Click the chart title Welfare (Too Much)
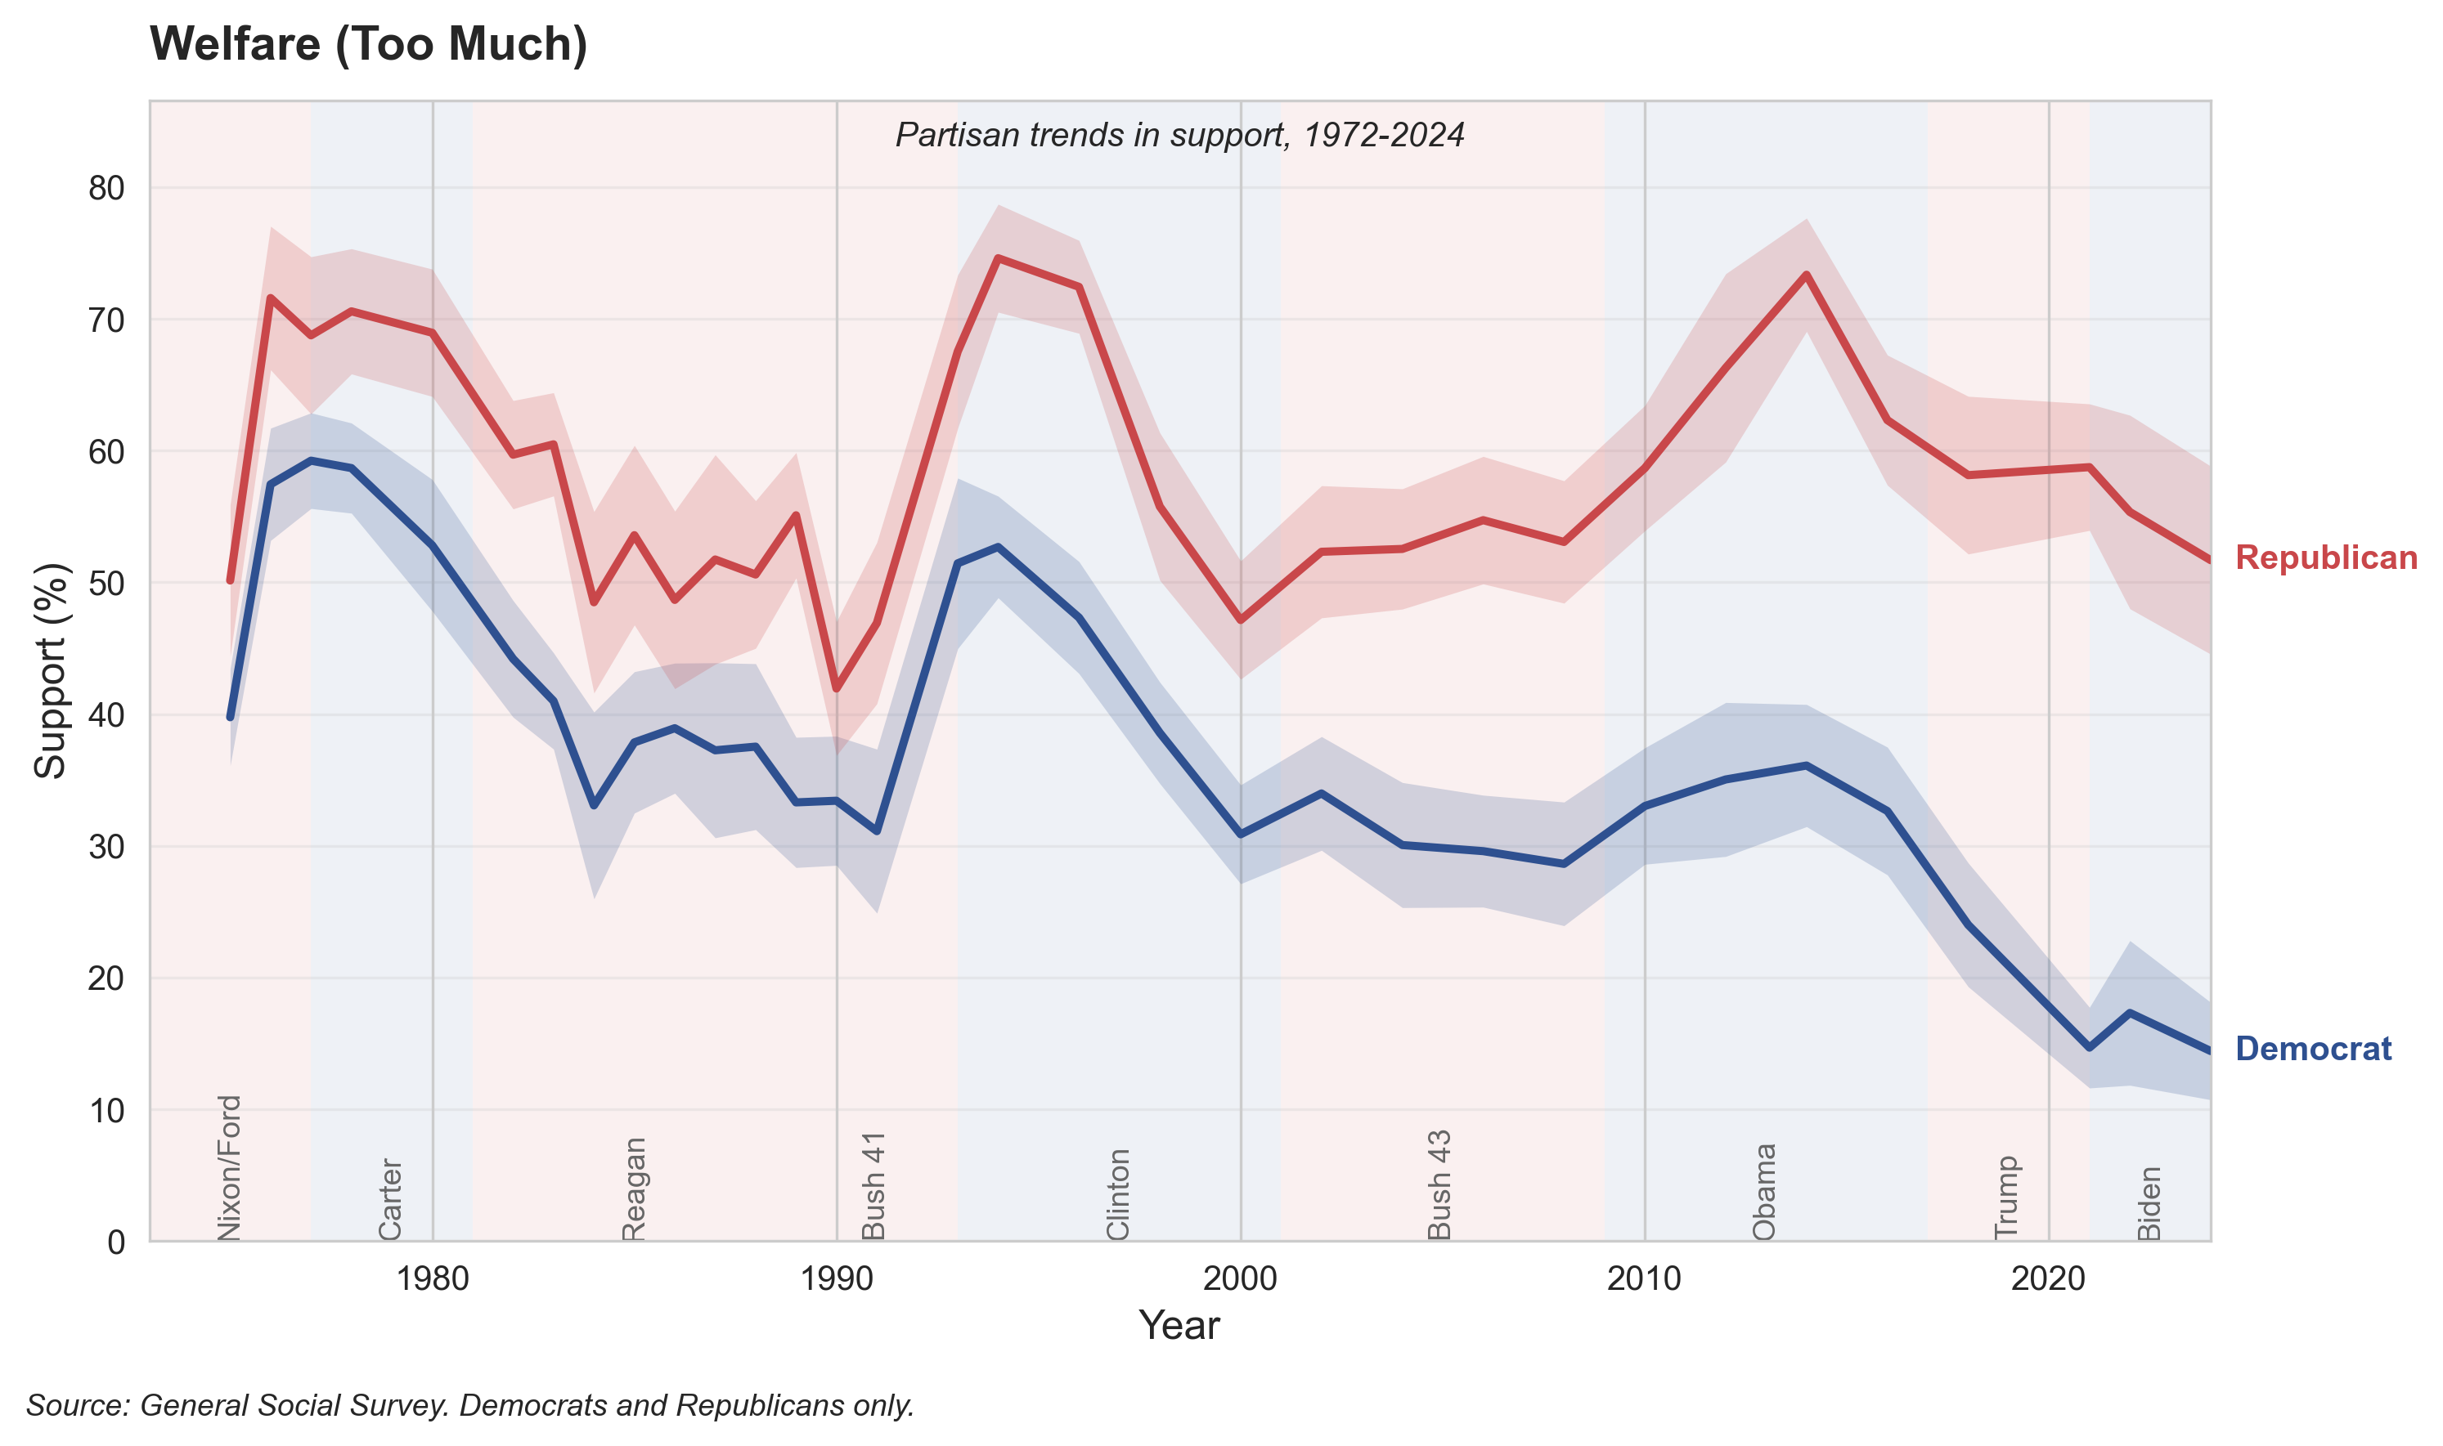pyautogui.click(x=369, y=45)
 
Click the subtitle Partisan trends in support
pyautogui.click(x=1179, y=135)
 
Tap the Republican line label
pyautogui.click(x=2325, y=557)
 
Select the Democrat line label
pyautogui.click(x=2312, y=1049)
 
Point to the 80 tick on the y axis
pyautogui.click(x=107, y=188)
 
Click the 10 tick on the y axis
pyautogui.click(x=107, y=1110)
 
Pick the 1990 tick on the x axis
pyautogui.click(x=837, y=1278)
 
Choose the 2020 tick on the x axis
pyautogui.click(x=2048, y=1278)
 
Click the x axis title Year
pyautogui.click(x=1179, y=1326)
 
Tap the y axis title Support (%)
pyautogui.click(x=51, y=670)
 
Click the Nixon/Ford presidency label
pyautogui.click(x=229, y=1167)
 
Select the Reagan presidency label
pyautogui.click(x=634, y=1189)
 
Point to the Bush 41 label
pyautogui.click(x=873, y=1185)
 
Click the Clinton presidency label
pyautogui.click(x=1118, y=1194)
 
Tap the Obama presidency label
pyautogui.click(x=1763, y=1192)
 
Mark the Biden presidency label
pyautogui.click(x=2149, y=1203)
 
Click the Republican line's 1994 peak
pyautogui.click(x=997, y=257)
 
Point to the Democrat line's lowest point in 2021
pyautogui.click(x=2089, y=1047)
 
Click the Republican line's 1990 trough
pyautogui.click(x=837, y=689)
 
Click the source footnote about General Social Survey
pyautogui.click(x=470, y=1405)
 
